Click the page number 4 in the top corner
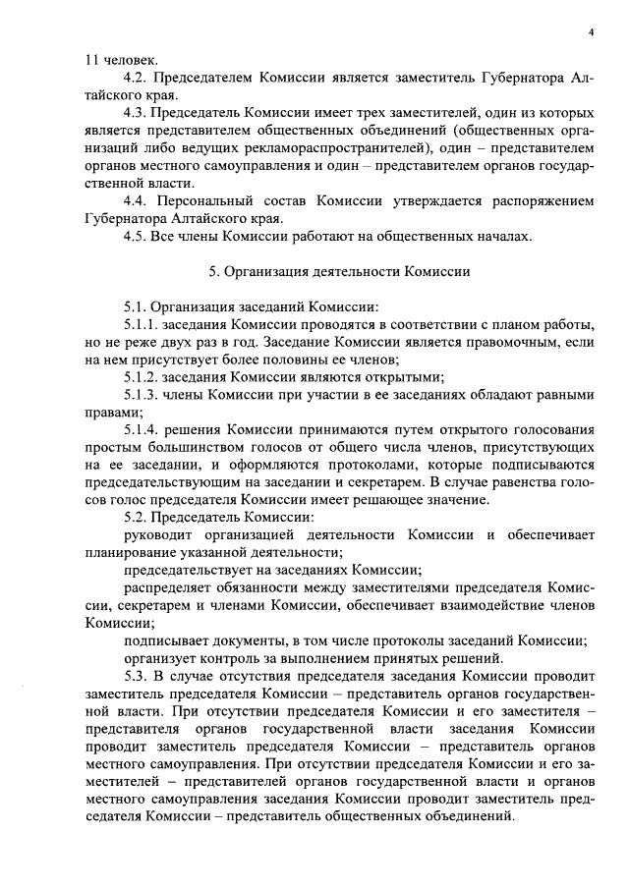[592, 32]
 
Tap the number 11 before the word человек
[91, 61]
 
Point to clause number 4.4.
[137, 201]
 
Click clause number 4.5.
[137, 236]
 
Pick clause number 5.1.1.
[141, 323]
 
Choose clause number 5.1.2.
[141, 376]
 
